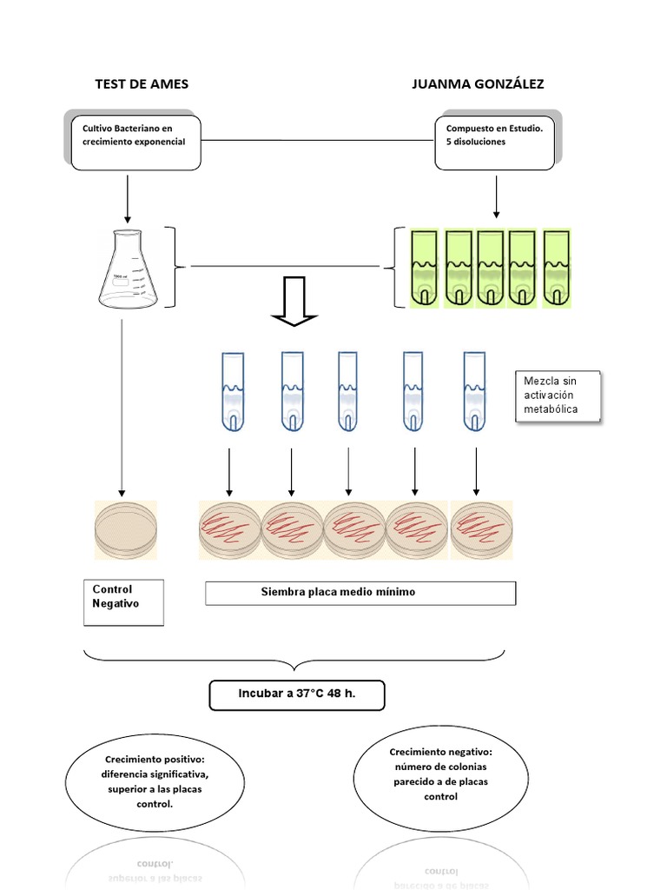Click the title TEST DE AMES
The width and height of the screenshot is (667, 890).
coord(142,84)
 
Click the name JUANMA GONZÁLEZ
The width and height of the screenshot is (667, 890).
coord(478,84)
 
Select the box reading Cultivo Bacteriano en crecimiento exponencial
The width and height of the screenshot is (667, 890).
coord(136,142)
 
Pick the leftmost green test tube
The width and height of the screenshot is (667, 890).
coord(424,268)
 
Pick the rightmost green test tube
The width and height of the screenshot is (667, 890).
coord(556,268)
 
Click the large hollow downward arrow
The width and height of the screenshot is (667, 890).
coord(294,301)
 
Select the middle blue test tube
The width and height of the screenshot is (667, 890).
coord(347,391)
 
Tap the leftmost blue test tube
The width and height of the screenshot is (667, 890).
coord(233,391)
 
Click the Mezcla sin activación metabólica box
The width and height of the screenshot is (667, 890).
coord(558,396)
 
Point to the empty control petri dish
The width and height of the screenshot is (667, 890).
coord(127,528)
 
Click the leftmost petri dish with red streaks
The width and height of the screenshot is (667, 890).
coord(229,528)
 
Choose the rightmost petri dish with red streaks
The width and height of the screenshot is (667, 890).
coord(480,528)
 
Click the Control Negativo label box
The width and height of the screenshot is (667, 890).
coord(122,601)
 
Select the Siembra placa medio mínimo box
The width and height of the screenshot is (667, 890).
coord(360,593)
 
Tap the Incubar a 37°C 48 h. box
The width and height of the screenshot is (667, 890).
coord(296,695)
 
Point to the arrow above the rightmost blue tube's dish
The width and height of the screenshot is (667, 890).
coord(476,471)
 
